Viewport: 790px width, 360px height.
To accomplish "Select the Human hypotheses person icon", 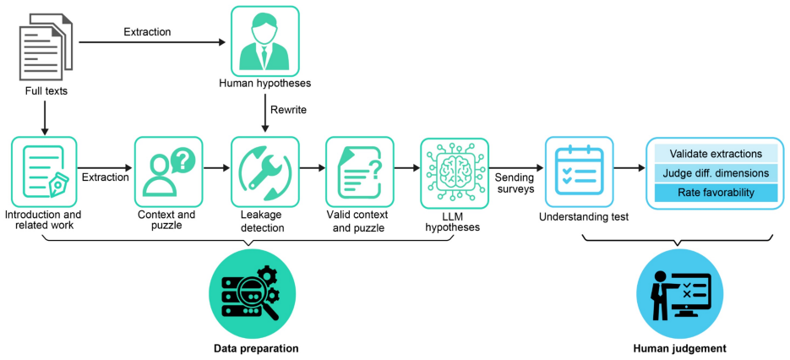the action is click(264, 40).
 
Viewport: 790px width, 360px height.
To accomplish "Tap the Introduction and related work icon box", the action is click(44, 171).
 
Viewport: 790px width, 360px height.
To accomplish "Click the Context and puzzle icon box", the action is click(168, 171).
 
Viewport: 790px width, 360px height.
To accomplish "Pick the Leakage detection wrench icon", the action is click(264, 171).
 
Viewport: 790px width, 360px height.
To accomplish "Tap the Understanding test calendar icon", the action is click(579, 171).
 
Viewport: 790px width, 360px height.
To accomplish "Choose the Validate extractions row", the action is click(716, 153).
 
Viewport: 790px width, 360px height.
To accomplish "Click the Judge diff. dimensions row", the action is click(716, 173).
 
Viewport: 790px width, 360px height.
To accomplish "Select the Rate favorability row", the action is click(716, 192).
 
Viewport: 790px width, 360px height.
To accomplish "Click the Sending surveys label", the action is click(513, 183).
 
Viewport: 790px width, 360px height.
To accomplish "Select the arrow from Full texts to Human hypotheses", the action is click(152, 43).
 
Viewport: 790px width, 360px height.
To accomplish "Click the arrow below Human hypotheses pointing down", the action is click(264, 116).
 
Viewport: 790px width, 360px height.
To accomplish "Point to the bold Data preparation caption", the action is click(255, 348).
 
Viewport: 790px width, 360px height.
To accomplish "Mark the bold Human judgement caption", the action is click(679, 348).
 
